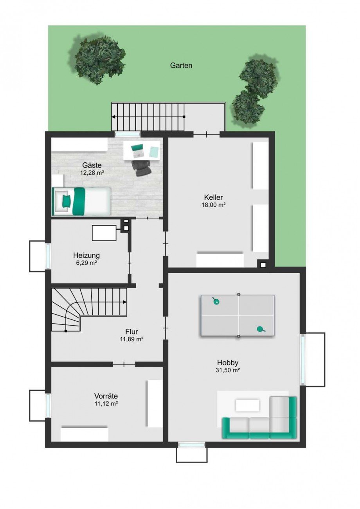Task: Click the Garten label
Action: pos(181,65)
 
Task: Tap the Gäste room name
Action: pos(92,165)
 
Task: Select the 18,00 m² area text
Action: pos(214,205)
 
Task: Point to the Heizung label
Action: pos(86,255)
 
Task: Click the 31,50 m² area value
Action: pos(228,370)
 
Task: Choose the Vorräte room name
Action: pos(106,396)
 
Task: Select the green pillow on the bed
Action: pos(67,201)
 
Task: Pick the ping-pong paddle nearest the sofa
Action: pos(261,329)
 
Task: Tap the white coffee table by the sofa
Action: pos(247,405)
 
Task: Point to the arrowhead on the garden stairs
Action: pos(113,117)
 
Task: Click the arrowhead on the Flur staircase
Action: pos(124,302)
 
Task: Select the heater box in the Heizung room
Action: pos(104,233)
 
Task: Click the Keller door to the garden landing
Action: pos(207,134)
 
